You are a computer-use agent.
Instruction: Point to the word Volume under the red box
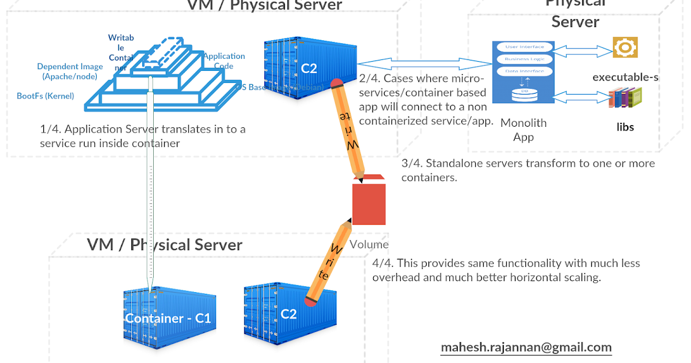(369, 244)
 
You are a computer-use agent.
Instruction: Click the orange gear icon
(625, 47)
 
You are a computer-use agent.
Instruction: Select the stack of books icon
(625, 97)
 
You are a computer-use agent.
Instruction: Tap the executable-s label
(625, 77)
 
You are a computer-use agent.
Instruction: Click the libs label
(625, 127)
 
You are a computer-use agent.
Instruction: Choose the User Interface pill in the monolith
(524, 47)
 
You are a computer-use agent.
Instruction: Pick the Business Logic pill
(524, 59)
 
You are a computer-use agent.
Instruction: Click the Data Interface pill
(524, 71)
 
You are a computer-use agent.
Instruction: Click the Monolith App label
(523, 130)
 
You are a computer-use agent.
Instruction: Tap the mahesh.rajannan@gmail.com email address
(526, 347)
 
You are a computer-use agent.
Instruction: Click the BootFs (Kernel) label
(45, 96)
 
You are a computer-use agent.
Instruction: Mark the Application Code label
(224, 60)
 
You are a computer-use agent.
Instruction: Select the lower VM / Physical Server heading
(165, 244)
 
